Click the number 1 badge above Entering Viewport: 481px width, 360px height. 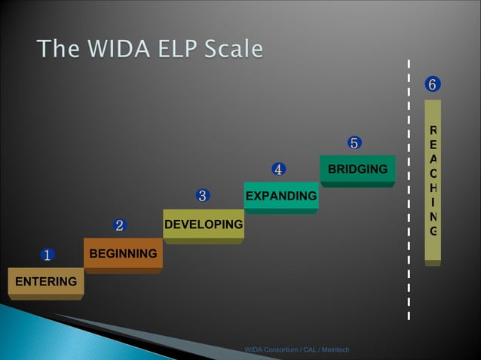[46, 255]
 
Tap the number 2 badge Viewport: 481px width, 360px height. [119, 224]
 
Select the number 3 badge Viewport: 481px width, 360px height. [202, 197]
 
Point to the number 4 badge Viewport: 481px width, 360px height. [278, 169]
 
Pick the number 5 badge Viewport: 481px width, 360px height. [354, 142]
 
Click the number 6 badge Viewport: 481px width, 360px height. [432, 84]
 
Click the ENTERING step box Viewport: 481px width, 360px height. [45, 282]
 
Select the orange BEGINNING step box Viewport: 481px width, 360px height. [123, 254]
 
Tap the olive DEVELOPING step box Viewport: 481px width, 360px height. [203, 224]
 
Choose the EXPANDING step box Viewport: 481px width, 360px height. [281, 197]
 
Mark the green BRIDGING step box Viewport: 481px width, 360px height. [357, 169]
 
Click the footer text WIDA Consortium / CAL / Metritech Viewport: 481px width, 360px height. [296, 349]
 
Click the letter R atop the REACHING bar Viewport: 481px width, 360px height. [433, 130]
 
